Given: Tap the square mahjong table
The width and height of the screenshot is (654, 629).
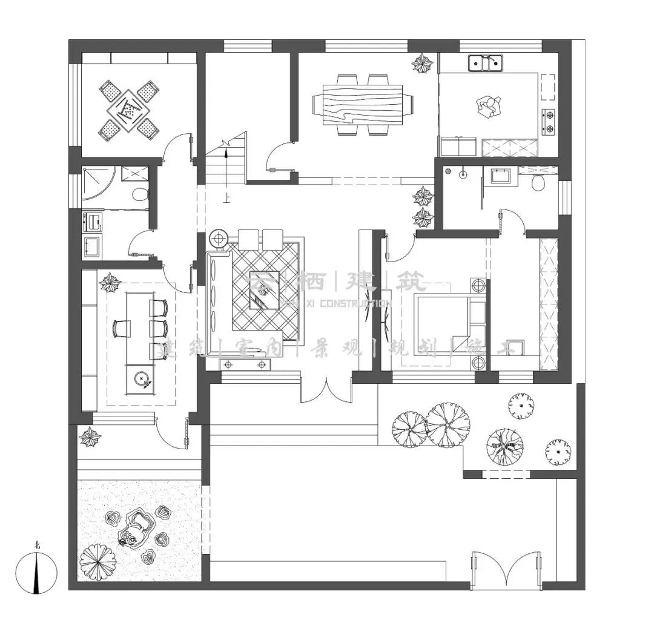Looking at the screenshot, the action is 128,110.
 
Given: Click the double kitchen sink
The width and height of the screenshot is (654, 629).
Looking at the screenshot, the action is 486,62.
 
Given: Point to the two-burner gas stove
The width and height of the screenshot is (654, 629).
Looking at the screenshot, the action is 548,121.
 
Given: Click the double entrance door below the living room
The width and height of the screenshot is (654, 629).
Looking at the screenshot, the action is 326,390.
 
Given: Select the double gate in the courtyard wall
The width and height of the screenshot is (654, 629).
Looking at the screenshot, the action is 506,568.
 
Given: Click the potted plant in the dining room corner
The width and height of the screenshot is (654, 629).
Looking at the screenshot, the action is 421,64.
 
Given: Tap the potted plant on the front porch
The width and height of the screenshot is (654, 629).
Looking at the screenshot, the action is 91,436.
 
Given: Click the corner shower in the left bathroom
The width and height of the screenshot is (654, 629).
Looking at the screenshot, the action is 97,182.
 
